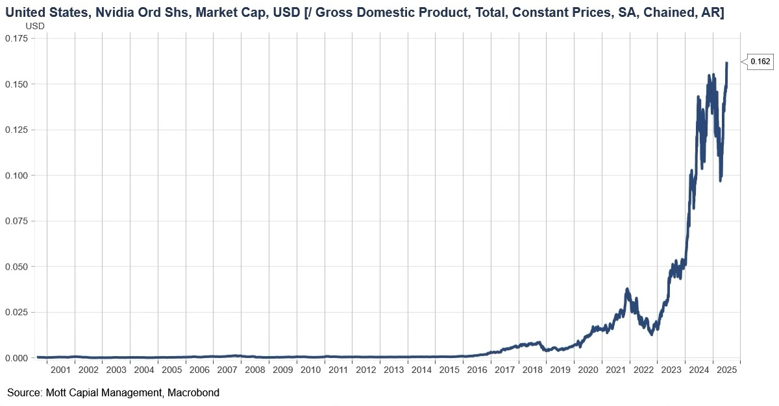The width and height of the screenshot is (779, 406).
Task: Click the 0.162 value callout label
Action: (x=760, y=62)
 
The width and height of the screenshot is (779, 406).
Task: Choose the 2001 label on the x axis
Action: (x=60, y=370)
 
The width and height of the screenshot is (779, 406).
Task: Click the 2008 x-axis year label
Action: (x=254, y=370)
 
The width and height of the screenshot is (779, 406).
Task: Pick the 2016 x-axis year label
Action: (x=477, y=370)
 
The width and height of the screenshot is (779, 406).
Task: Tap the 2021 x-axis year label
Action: (x=615, y=370)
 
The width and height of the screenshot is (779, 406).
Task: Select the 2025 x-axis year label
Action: (x=726, y=370)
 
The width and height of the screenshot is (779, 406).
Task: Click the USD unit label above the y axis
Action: (x=34, y=25)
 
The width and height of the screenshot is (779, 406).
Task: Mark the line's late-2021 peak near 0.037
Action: (x=627, y=289)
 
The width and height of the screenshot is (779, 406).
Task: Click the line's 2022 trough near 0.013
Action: (x=651, y=333)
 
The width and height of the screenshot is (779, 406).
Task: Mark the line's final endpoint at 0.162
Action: (x=727, y=63)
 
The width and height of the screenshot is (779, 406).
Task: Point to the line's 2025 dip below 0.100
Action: (x=721, y=179)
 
